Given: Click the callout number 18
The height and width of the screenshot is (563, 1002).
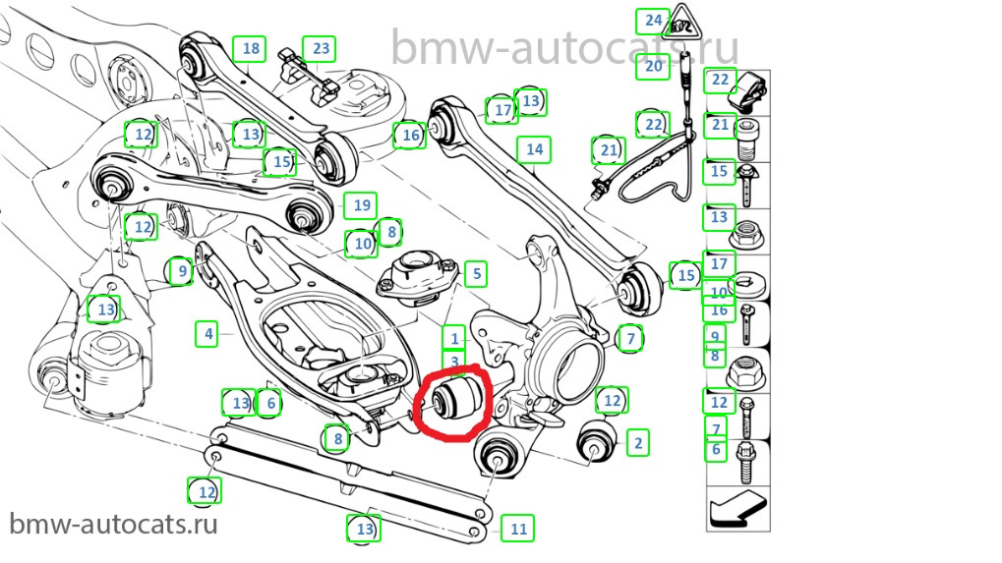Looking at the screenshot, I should click(x=250, y=48).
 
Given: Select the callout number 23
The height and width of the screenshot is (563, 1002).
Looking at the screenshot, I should click(x=321, y=48).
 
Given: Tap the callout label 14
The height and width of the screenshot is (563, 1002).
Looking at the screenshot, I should click(x=534, y=149).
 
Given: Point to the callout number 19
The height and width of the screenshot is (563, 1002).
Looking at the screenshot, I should click(x=361, y=205).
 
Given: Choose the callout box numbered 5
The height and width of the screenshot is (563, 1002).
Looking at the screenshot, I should click(x=475, y=273).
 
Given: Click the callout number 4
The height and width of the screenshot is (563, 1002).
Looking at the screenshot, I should click(x=207, y=334).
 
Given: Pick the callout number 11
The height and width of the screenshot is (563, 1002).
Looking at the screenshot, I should click(x=518, y=529).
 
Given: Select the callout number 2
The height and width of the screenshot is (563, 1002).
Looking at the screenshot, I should click(x=638, y=443).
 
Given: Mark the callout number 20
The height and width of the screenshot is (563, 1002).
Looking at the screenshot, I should click(x=654, y=67).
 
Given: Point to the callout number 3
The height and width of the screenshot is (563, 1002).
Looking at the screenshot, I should click(x=454, y=363).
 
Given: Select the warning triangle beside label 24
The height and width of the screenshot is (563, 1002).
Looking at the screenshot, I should click(x=684, y=23).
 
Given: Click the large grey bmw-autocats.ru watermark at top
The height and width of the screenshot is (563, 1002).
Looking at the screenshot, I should click(x=564, y=46).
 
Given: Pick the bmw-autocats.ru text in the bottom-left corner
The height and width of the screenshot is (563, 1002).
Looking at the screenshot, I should click(x=114, y=523).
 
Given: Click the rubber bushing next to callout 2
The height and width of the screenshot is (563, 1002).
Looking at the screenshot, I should click(x=596, y=440).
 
